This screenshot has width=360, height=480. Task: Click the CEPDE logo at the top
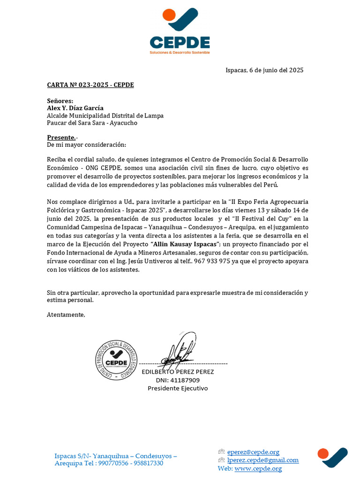click(180, 31)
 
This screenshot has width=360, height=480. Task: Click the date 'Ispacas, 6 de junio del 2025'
click(264, 70)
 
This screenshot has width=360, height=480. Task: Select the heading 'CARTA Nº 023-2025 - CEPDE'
click(90, 85)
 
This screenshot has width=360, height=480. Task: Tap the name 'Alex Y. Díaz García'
click(75, 108)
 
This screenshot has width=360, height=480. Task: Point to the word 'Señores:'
click(60, 101)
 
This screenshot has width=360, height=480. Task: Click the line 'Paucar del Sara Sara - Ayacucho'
click(92, 123)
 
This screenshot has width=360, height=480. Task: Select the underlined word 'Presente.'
click(61, 138)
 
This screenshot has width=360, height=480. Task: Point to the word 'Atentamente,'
click(66, 315)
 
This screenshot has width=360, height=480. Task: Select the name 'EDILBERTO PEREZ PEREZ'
click(178, 372)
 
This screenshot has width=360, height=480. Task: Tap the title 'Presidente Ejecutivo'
click(178, 388)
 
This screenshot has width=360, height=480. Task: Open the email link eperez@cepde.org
click(253, 452)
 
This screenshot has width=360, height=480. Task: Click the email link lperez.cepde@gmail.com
click(262, 460)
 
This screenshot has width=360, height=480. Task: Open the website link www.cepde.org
click(258, 468)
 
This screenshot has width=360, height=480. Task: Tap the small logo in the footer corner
click(332, 457)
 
